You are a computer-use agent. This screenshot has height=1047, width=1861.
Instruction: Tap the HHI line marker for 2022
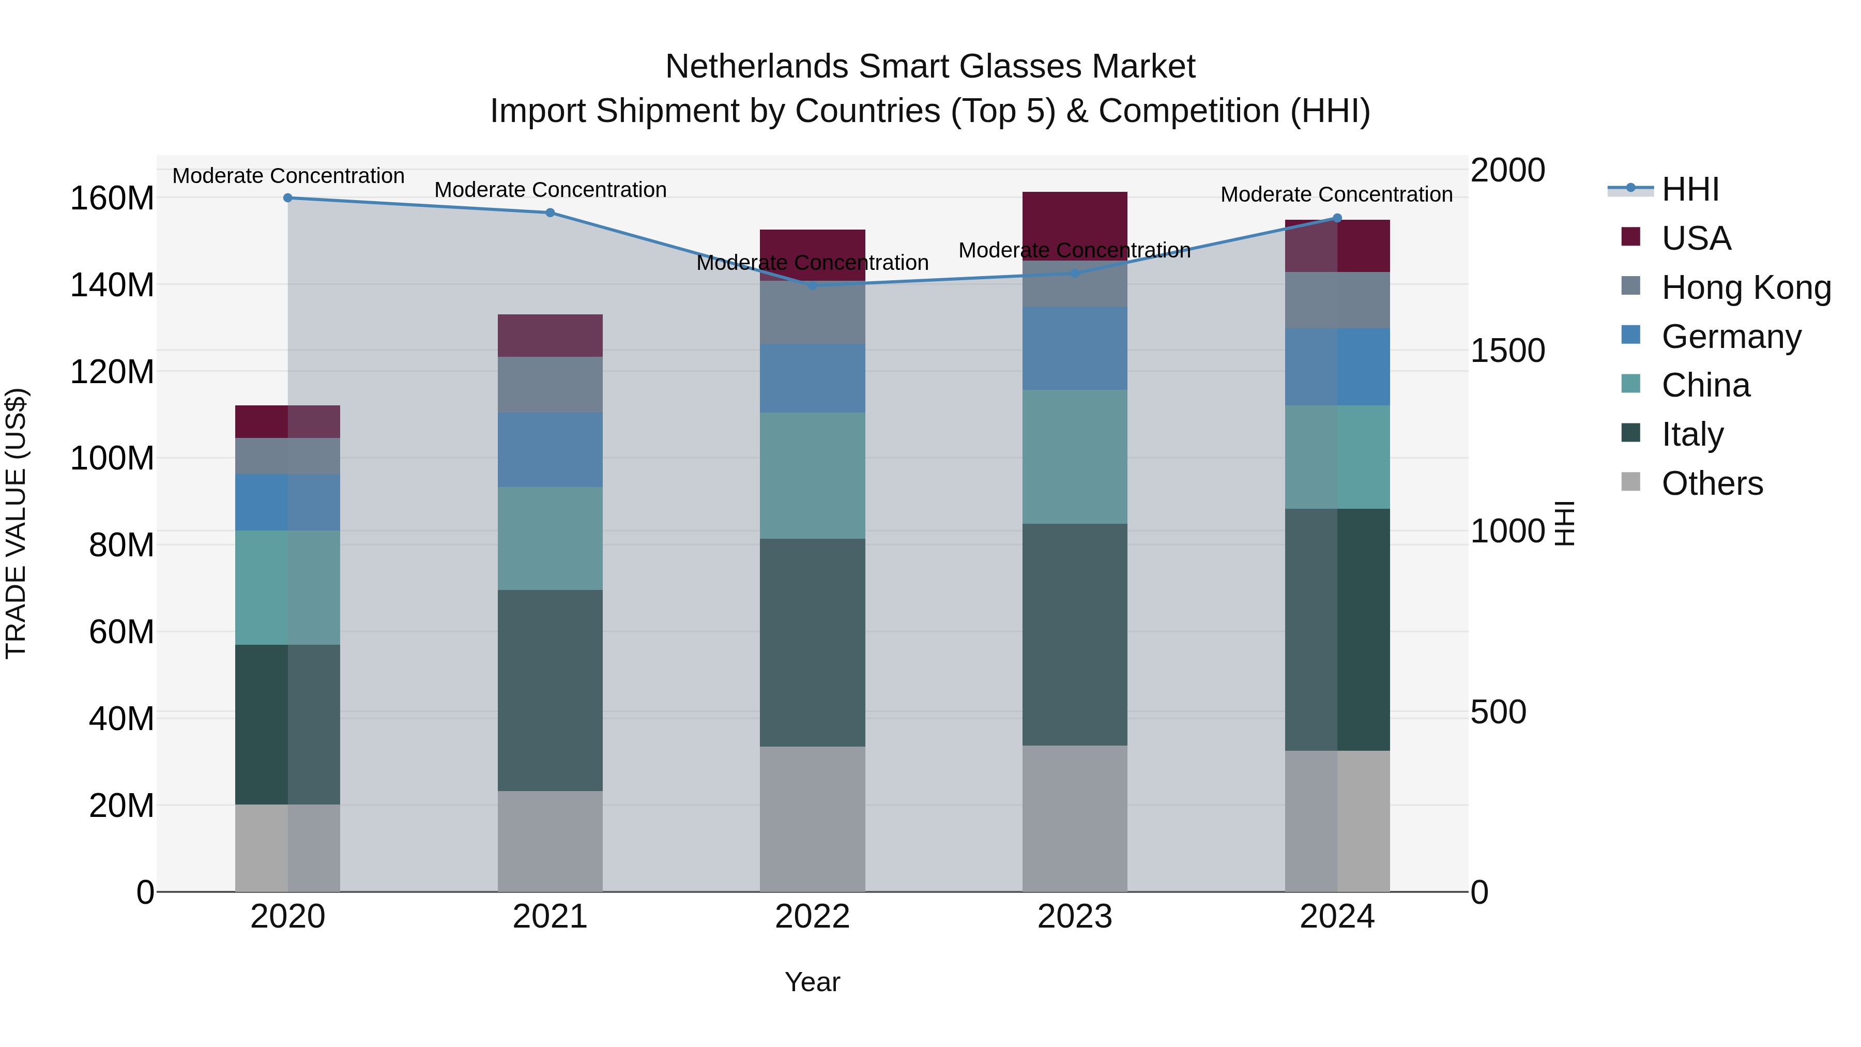tap(812, 285)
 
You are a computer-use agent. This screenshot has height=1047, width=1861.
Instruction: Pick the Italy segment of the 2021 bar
tap(550, 690)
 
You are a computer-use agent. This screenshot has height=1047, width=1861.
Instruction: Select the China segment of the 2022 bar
tap(812, 476)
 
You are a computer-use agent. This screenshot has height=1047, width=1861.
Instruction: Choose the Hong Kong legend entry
tap(1746, 287)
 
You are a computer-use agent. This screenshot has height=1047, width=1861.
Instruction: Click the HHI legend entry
tap(1690, 189)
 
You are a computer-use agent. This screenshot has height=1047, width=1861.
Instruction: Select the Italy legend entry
tap(1692, 434)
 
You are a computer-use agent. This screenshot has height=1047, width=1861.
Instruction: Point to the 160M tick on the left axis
tap(112, 198)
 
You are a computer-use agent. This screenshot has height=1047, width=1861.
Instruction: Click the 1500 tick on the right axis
tap(1508, 351)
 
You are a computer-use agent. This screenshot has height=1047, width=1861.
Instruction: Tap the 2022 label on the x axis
tap(812, 916)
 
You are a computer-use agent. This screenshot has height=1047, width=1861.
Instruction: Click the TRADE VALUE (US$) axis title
tap(16, 523)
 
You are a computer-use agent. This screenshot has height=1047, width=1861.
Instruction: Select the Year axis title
tap(812, 982)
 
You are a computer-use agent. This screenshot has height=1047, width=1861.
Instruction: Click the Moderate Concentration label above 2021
tap(550, 190)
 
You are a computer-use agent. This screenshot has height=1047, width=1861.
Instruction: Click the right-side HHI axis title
tap(1564, 523)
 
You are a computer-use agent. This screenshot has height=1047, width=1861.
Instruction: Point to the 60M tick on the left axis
tap(121, 631)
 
